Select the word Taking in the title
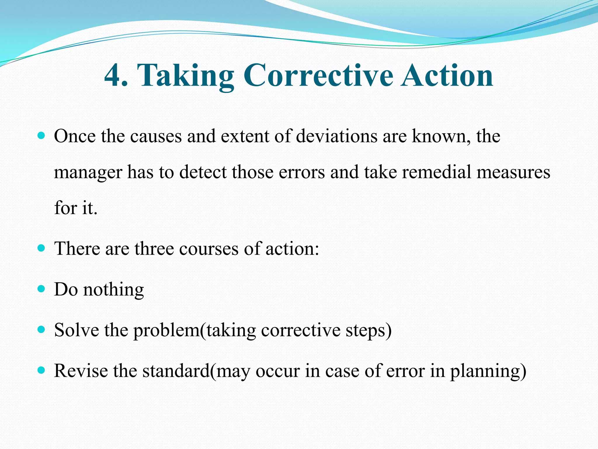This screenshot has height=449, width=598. coord(186,76)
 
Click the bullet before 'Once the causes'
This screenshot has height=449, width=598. coord(41,136)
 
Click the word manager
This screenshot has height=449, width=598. coord(88,172)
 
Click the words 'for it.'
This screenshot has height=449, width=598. coord(76,208)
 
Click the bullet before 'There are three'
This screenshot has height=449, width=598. coord(41,248)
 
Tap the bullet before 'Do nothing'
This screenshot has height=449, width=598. coord(41,289)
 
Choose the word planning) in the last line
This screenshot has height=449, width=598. coord(488,372)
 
